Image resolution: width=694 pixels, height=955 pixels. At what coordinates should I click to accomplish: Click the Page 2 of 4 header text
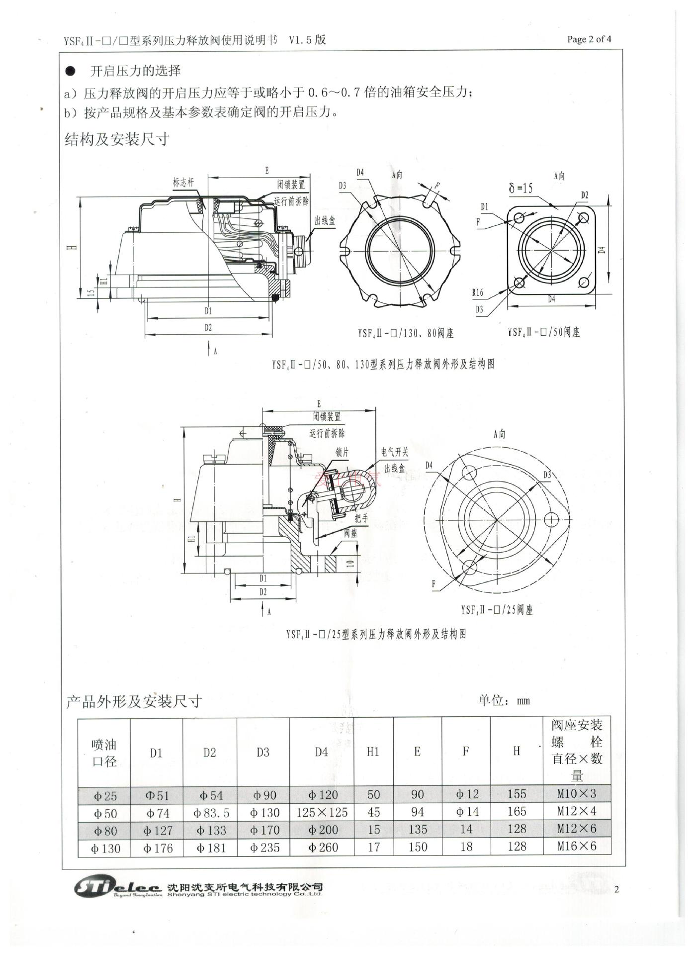tap(589, 39)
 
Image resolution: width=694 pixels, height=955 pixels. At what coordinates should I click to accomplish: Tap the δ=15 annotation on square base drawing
tap(520, 188)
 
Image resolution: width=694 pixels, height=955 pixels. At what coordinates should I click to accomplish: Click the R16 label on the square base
tap(478, 292)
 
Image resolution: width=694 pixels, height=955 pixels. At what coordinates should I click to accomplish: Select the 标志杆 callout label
tap(183, 183)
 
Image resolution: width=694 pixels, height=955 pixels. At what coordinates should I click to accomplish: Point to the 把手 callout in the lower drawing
tap(361, 518)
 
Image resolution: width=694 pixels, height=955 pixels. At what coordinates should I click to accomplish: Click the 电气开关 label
tap(394, 452)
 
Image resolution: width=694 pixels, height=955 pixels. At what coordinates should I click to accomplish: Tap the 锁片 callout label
tap(342, 452)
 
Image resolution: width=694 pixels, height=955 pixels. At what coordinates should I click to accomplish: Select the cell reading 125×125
tap(322, 813)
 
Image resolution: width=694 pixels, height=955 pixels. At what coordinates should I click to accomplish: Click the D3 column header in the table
tap(263, 752)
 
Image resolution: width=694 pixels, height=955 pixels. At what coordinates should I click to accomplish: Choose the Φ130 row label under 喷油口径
tap(105, 848)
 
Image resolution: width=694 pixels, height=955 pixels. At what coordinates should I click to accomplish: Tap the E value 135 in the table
tap(417, 830)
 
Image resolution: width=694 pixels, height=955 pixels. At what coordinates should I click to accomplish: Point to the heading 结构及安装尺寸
tap(117, 139)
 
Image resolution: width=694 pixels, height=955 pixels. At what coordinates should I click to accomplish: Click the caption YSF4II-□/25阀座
tap(497, 610)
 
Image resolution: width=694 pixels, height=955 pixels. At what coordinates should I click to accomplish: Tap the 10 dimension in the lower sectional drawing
tap(350, 564)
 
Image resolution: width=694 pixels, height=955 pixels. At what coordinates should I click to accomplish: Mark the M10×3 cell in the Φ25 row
tap(576, 794)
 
